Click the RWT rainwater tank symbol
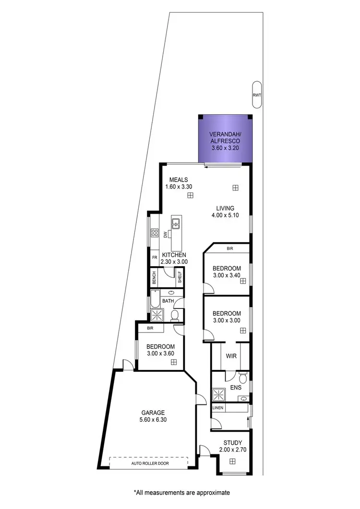[x=257, y=95]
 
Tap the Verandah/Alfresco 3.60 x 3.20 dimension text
[x=225, y=149]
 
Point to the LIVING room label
[x=225, y=208]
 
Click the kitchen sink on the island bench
[x=176, y=223]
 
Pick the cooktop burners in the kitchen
[x=155, y=233]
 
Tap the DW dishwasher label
[x=166, y=235]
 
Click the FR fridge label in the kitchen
[x=155, y=258]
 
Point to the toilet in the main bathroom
[x=175, y=315]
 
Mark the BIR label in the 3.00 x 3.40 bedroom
[x=230, y=249]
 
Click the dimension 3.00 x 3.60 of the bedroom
[x=160, y=354]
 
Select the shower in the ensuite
[x=219, y=394]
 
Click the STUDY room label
[x=232, y=443]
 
